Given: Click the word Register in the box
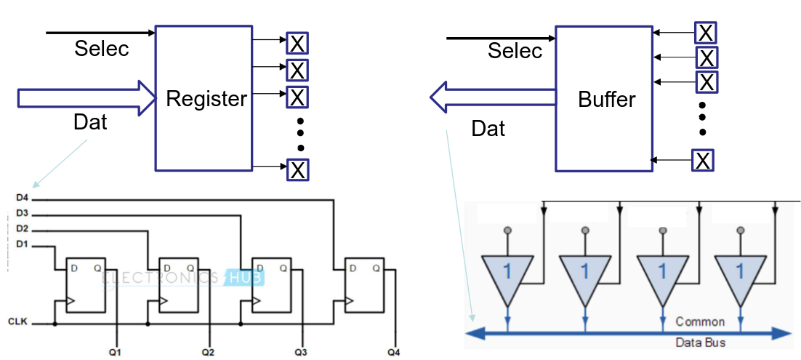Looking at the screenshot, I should pyautogui.click(x=206, y=99).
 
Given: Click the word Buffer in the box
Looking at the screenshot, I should pyautogui.click(x=607, y=100).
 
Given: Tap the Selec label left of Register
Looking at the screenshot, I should pyautogui.click(x=102, y=49).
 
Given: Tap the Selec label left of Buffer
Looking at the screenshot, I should pyautogui.click(x=515, y=51).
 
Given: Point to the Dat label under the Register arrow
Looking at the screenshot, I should pyautogui.click(x=90, y=121).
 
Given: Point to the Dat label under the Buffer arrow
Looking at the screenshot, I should pyautogui.click(x=488, y=129).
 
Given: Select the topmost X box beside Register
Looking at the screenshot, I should pyautogui.click(x=297, y=43).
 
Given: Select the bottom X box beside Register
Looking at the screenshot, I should pyautogui.click(x=297, y=169).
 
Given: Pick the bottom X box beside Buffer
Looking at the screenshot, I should pyautogui.click(x=702, y=159).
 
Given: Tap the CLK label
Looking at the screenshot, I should pyautogui.click(x=17, y=321).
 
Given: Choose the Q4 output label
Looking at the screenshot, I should pyautogui.click(x=393, y=353).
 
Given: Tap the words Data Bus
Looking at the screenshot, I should pyautogui.click(x=701, y=342).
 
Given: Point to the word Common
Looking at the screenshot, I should pyautogui.click(x=700, y=321).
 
